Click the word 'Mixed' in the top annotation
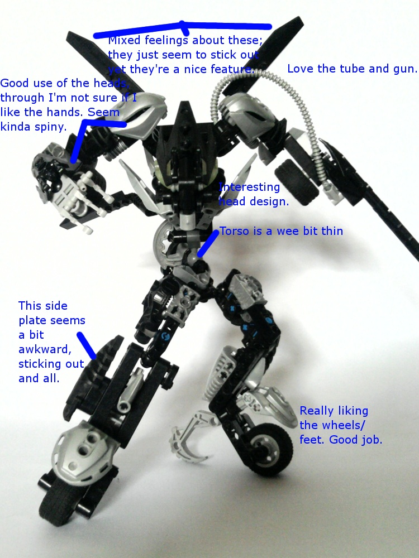coord(125,40)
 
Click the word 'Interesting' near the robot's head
coord(249,187)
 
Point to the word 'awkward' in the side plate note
coord(45,349)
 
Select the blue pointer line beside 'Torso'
coord(208,244)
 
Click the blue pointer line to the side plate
coord(87,345)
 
